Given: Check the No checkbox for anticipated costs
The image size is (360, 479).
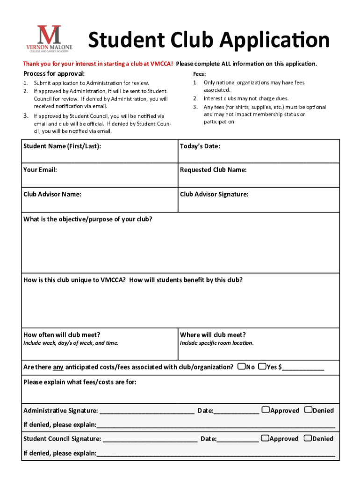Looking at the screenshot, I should pos(242,366).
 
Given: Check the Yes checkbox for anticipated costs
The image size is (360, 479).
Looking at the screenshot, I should pos(262,366).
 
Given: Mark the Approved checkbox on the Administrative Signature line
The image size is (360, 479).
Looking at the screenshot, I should pos(266,410).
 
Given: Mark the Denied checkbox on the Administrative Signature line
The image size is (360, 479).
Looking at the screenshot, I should pos(308,410).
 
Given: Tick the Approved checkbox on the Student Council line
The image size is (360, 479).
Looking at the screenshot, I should pos(265,438).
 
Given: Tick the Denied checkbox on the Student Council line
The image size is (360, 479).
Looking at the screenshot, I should pos(308,438).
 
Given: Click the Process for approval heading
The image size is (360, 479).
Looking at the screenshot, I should pos(54,74).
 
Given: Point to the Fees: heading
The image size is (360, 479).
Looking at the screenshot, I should pos(200,74).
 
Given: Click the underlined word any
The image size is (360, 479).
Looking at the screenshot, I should pos(58,367).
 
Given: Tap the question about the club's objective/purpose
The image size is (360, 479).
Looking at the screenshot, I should pos(87,219).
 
